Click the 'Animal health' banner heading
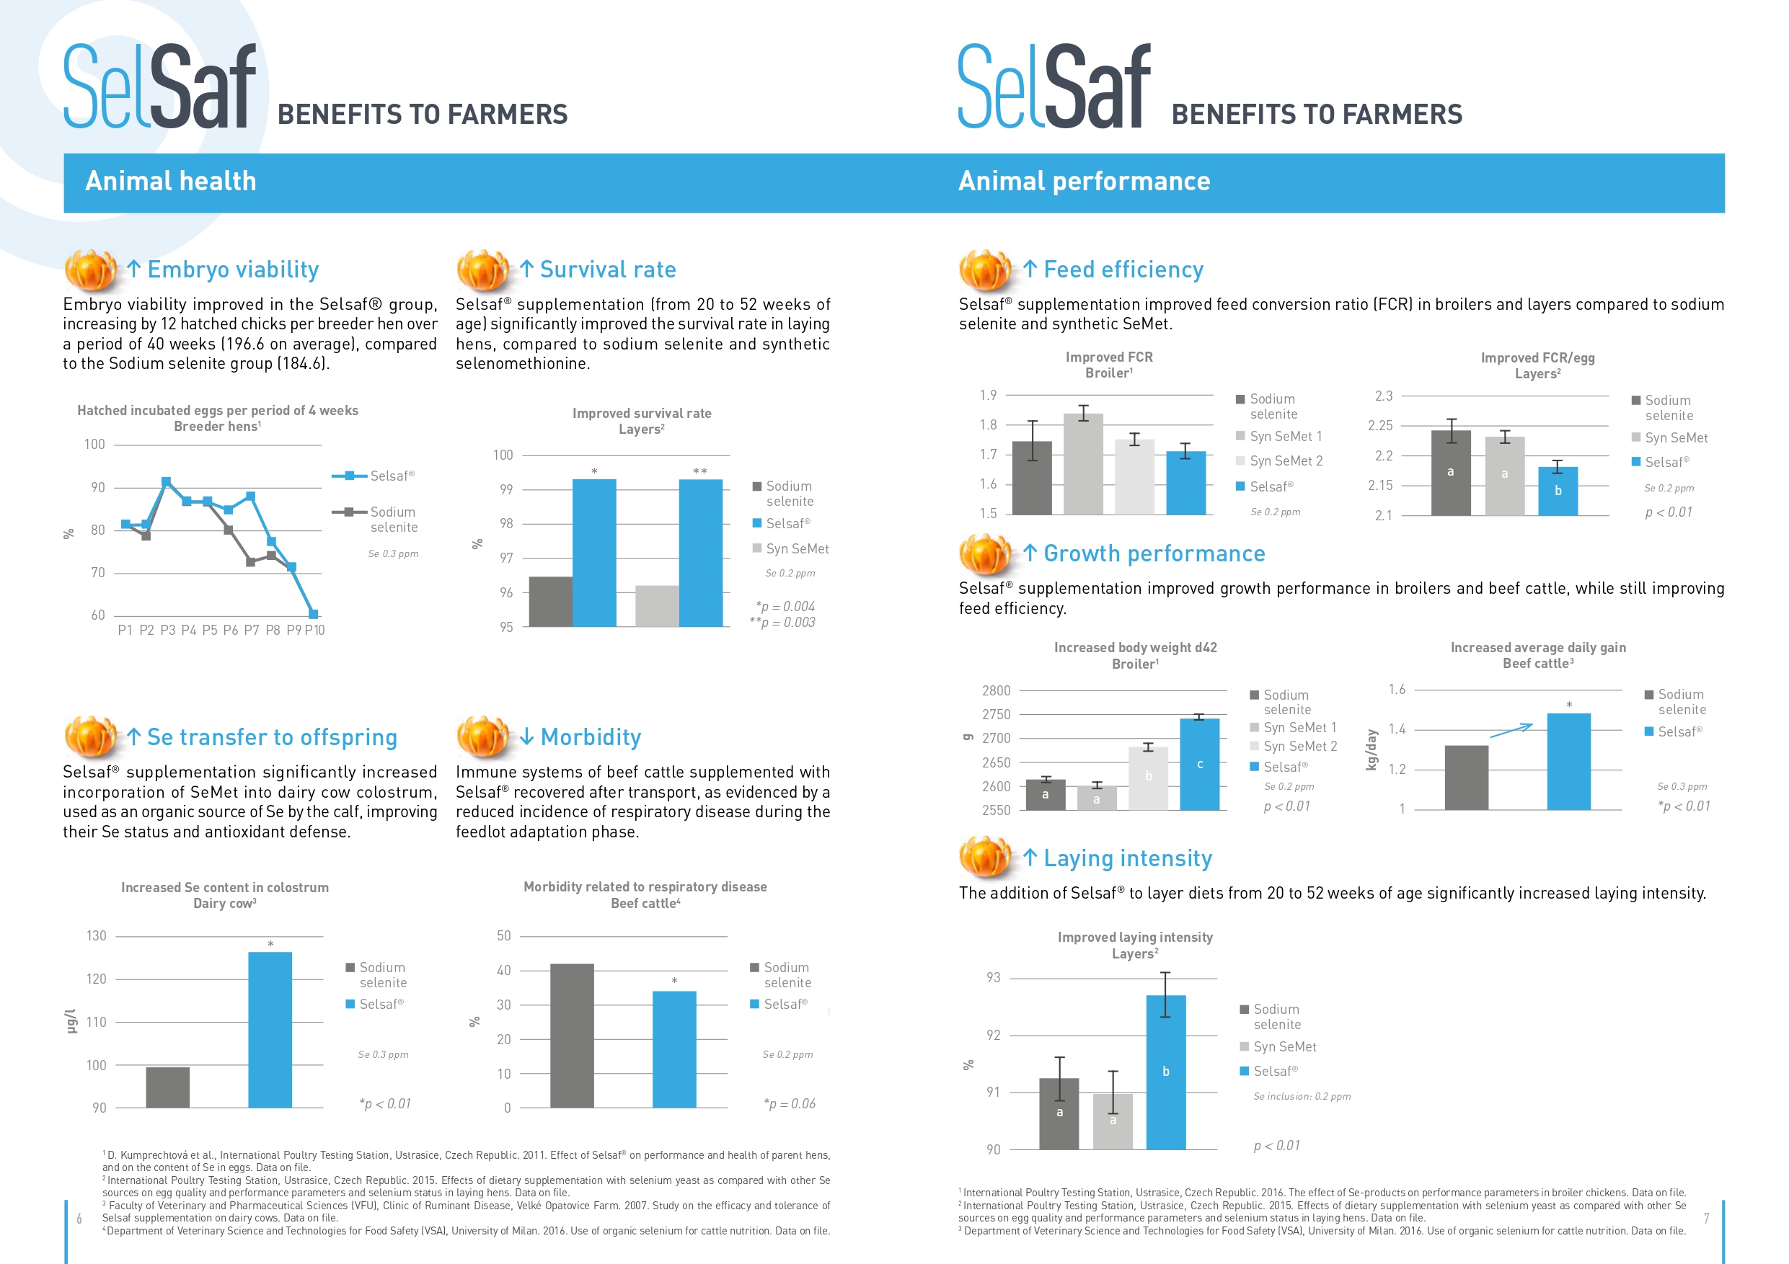tap(171, 182)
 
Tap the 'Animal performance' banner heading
tap(1084, 182)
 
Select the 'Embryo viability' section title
tap(233, 270)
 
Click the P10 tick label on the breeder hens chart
tap(315, 630)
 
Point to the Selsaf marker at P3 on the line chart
tap(166, 482)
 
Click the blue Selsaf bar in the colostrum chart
tap(270, 1030)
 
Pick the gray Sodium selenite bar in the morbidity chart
tap(572, 1036)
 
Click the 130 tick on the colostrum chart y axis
tap(96, 935)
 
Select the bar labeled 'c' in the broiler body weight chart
tap(1200, 764)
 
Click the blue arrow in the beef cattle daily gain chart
tap(1511, 731)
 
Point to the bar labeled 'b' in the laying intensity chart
tap(1166, 1072)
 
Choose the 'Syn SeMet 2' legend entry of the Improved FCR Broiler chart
tap(1279, 461)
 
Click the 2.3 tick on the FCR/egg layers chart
tap(1384, 396)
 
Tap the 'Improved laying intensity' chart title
tap(1135, 937)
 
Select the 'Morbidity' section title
tap(591, 737)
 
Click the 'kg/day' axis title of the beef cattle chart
tap(1371, 750)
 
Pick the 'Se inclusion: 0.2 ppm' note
tap(1302, 1097)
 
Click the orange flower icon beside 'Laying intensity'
tap(986, 858)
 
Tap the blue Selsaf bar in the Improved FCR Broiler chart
tap(1186, 483)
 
